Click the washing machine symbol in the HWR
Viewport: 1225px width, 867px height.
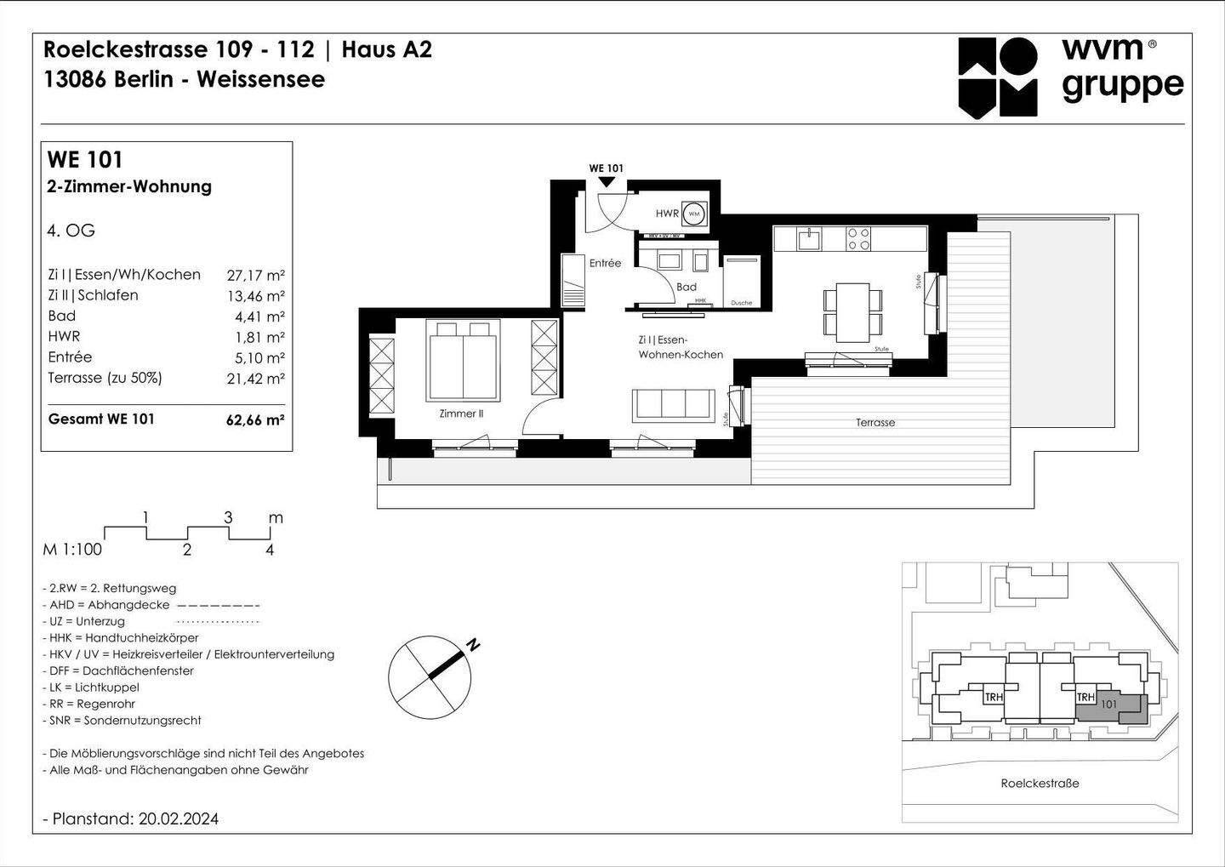[694, 214]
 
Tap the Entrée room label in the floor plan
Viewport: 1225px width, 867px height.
[605, 263]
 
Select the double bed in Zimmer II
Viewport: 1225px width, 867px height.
[463, 360]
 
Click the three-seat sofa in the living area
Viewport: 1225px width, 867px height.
[673, 404]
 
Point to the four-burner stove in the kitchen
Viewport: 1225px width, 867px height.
[857, 238]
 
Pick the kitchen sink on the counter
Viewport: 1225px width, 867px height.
[808, 238]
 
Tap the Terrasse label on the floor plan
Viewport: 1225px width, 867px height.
[875, 423]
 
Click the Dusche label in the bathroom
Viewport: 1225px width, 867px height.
[741, 302]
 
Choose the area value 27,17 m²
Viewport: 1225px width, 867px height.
[255, 275]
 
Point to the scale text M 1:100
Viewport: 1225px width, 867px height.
[72, 550]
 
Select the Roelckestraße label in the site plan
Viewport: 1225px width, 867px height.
[1040, 784]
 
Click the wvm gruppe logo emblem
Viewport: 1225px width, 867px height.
[998, 77]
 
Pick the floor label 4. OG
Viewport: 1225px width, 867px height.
[71, 231]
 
